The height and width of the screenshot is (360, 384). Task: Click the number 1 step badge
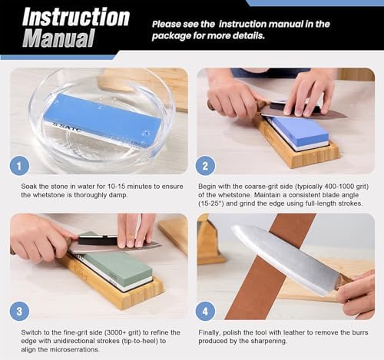[x=19, y=167]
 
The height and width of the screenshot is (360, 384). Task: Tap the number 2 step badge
[x=205, y=167]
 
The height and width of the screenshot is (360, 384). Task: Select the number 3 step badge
[x=19, y=312]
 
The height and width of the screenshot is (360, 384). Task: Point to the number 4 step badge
[x=205, y=312]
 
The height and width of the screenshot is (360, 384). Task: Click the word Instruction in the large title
[x=76, y=17]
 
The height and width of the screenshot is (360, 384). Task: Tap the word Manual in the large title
[x=58, y=38]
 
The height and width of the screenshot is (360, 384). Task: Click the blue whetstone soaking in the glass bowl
[x=102, y=121]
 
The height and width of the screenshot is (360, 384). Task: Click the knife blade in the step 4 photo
[x=286, y=259]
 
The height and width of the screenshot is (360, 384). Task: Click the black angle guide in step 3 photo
[x=98, y=240]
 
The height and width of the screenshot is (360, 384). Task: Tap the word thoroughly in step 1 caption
[x=91, y=195]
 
